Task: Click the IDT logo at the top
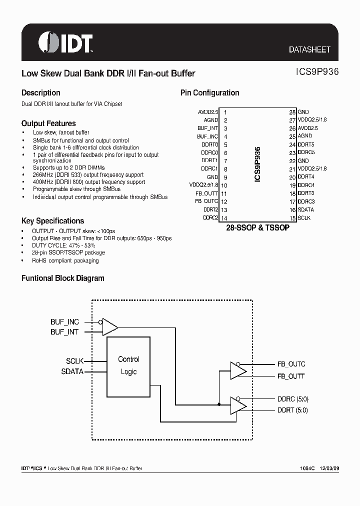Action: click(65, 43)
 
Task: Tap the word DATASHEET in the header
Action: click(309, 50)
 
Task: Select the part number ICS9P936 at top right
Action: click(314, 71)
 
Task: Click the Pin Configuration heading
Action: click(209, 93)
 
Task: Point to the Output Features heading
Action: click(48, 123)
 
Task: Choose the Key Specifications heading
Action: click(52, 221)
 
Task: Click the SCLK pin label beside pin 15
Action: click(304, 218)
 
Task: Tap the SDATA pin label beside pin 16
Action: click(306, 210)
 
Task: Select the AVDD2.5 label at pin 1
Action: click(208, 112)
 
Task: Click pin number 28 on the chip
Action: click(292, 112)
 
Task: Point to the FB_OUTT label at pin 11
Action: click(206, 193)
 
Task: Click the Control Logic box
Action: click(128, 365)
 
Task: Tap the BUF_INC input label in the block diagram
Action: click(64, 322)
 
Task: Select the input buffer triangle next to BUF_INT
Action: click(109, 326)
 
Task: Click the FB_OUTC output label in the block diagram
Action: click(291, 364)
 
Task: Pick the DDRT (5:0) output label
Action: click(292, 410)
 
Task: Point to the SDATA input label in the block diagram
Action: click(72, 371)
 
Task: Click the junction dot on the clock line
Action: click(218, 404)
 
